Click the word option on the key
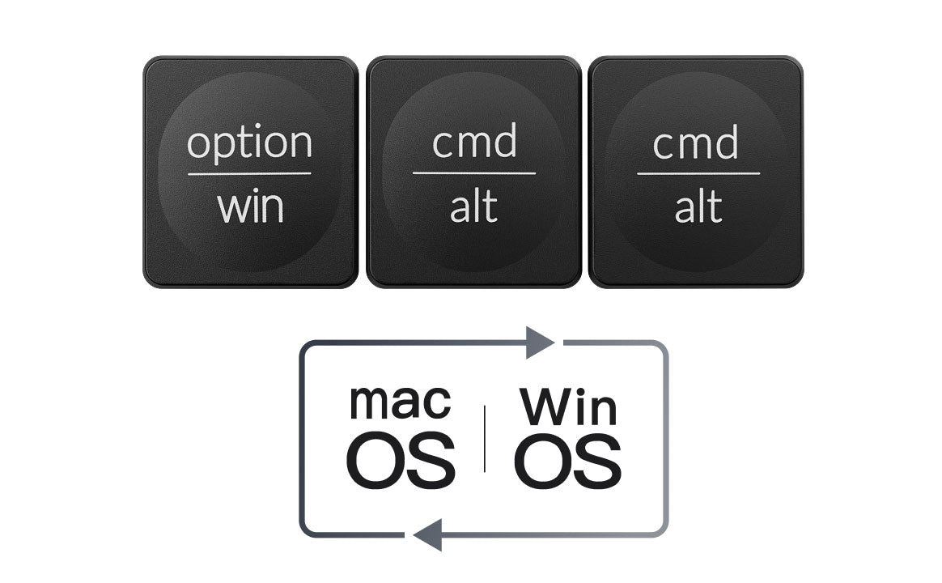249,143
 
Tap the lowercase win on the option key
250,208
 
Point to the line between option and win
249,173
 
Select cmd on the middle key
474,143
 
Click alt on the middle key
473,208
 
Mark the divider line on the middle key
474,173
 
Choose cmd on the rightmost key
696,143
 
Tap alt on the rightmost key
698,208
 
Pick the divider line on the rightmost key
698,173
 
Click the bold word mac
400,402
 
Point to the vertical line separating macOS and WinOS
485,438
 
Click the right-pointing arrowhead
540,343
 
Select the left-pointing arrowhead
427,535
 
